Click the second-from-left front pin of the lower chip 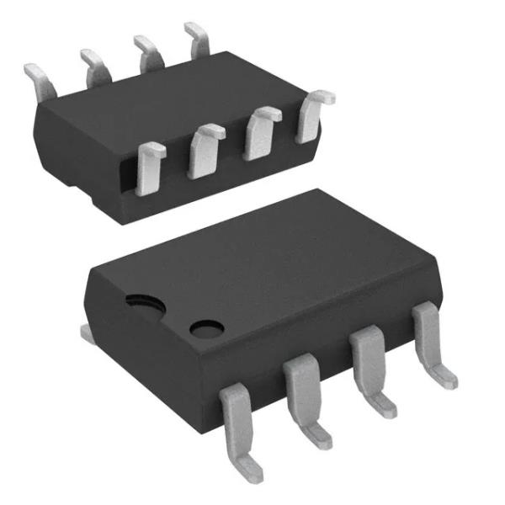click(x=303, y=396)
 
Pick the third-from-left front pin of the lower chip click(x=370, y=366)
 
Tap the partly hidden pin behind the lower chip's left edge click(x=87, y=332)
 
